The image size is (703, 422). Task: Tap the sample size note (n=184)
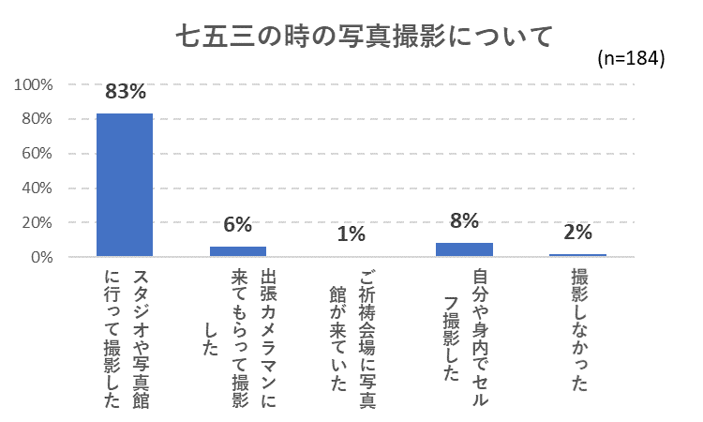click(630, 58)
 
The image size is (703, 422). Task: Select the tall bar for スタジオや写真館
click(125, 185)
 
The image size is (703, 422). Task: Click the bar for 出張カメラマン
click(238, 251)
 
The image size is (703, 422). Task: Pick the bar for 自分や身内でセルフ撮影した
click(464, 249)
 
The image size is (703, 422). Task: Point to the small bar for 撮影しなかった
click(577, 255)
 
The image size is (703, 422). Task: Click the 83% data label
click(125, 92)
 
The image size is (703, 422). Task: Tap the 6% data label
click(238, 225)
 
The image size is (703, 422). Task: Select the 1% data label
click(351, 234)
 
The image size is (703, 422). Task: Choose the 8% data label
click(464, 221)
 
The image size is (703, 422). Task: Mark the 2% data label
click(577, 232)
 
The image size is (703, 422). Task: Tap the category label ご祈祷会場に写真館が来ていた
click(351, 333)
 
